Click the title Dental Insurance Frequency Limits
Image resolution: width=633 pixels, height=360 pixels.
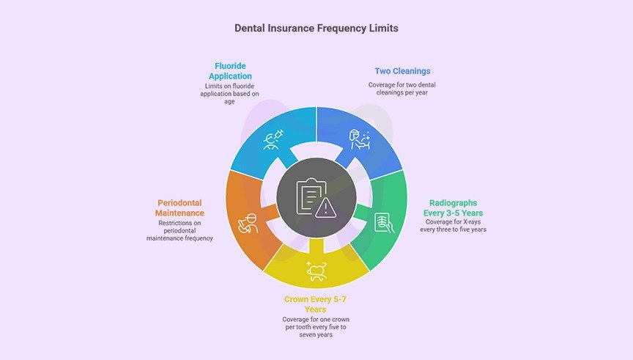[x=316, y=28]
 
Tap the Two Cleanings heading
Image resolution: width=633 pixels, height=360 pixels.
[x=402, y=71]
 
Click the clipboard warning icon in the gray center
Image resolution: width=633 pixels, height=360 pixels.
[x=316, y=197]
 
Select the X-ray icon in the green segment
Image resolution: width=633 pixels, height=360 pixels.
[x=383, y=222]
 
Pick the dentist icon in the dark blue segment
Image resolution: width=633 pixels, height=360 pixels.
[x=360, y=138]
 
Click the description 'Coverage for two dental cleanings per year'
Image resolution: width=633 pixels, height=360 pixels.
[x=402, y=89]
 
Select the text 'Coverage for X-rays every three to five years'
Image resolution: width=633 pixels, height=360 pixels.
[x=454, y=226]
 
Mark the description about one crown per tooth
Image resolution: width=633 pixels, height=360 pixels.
[x=316, y=328]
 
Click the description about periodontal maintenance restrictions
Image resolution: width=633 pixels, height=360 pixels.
[x=180, y=230]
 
